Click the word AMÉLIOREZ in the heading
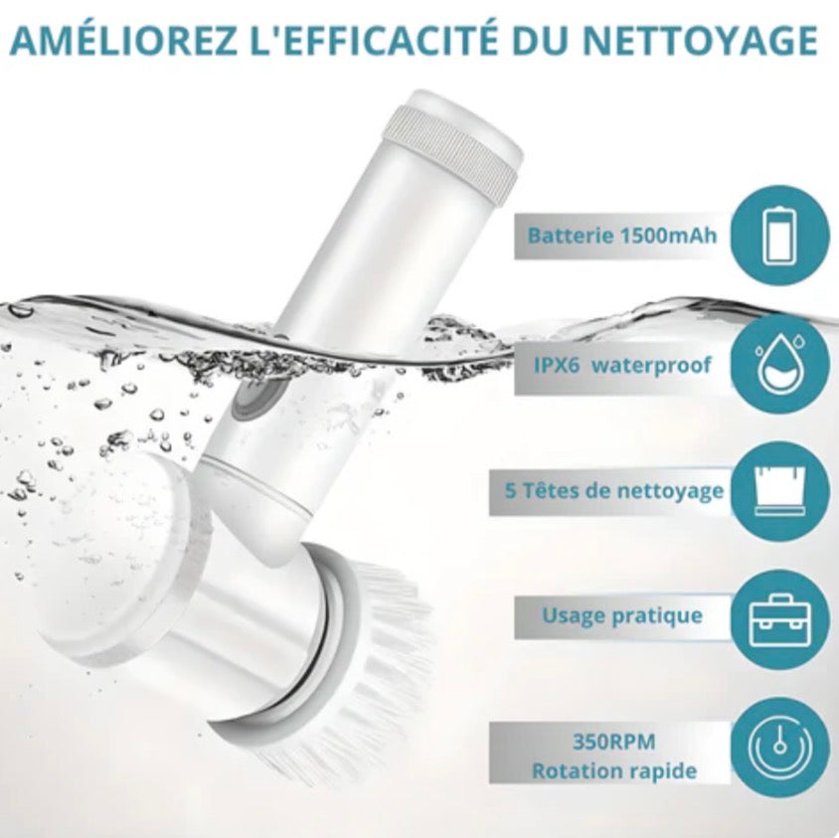[x=123, y=39]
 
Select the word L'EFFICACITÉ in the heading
[x=373, y=39]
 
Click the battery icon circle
[x=779, y=237]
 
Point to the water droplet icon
[x=779, y=365]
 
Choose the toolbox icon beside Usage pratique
[x=779, y=619]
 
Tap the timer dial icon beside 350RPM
[x=779, y=747]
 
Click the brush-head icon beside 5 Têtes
[x=779, y=491]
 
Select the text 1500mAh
[x=668, y=236]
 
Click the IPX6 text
[x=557, y=365]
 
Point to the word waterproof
[x=652, y=367]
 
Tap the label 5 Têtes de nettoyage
[x=613, y=492]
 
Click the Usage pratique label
[x=621, y=616]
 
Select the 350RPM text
[x=613, y=743]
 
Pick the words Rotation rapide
[x=613, y=771]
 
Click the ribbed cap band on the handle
[x=452, y=152]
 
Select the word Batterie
[x=570, y=236]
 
